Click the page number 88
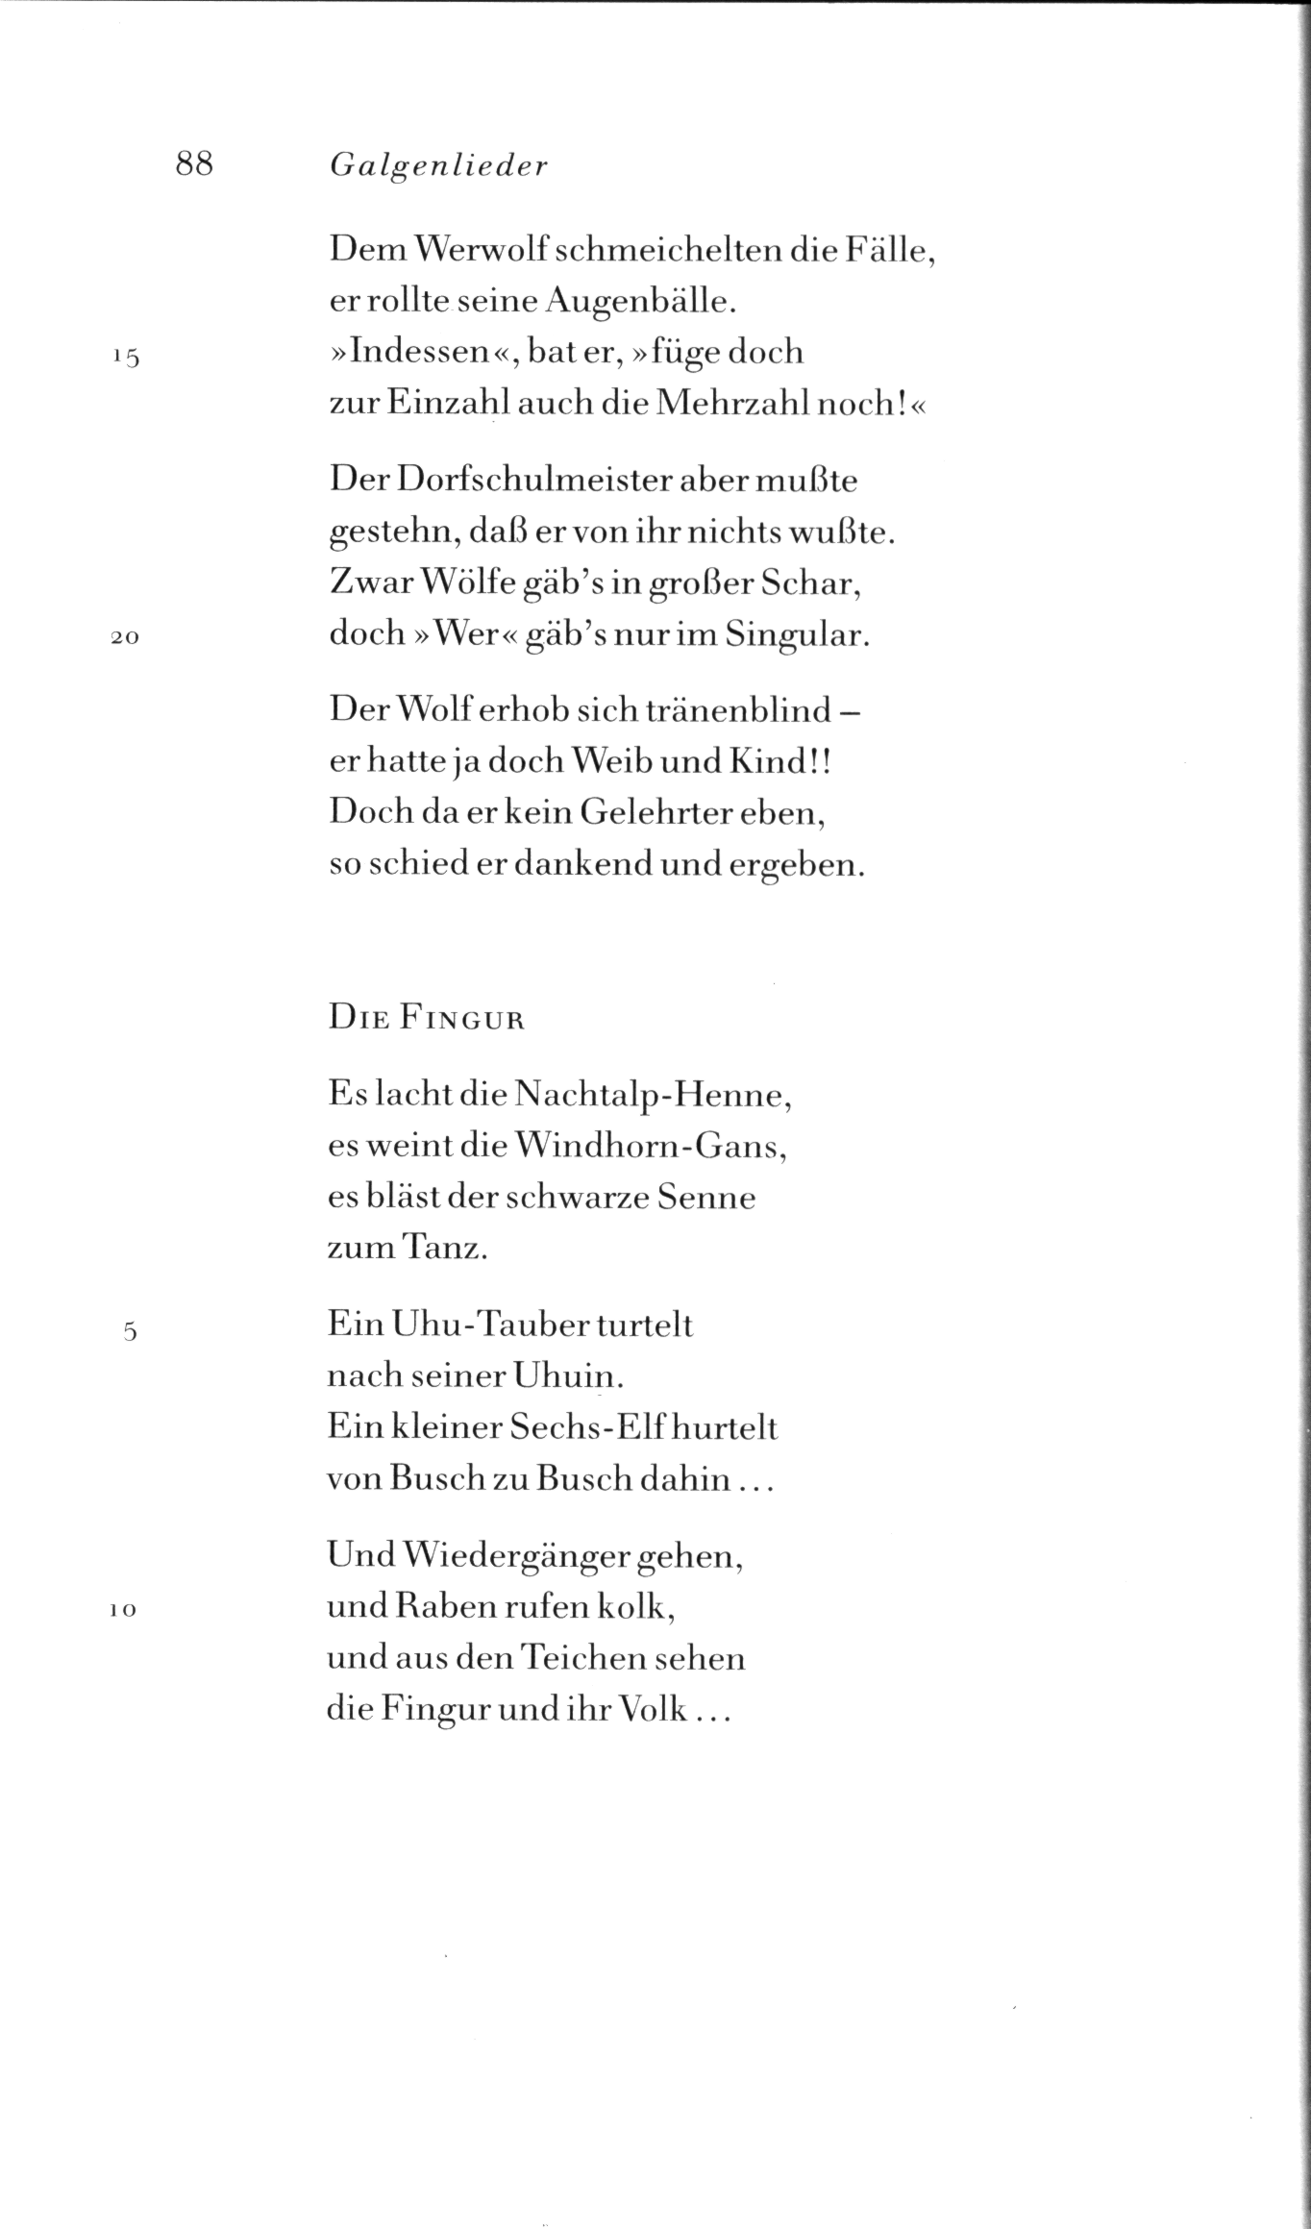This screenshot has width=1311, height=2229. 194,164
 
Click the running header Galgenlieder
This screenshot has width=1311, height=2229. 438,167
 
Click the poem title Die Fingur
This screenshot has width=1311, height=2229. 427,1019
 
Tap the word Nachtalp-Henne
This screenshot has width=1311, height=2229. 653,1096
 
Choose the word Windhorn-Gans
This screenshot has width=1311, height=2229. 651,1147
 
